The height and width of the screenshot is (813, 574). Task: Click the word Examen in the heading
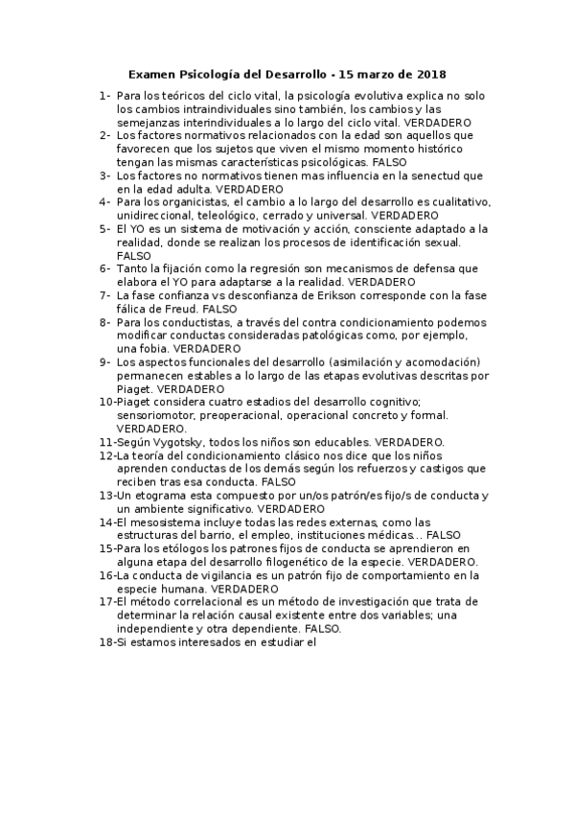click(153, 74)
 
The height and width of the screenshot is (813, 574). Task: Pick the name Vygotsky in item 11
click(176, 442)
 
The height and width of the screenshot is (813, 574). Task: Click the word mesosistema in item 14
click(164, 522)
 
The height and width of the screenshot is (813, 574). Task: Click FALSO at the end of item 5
click(133, 256)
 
